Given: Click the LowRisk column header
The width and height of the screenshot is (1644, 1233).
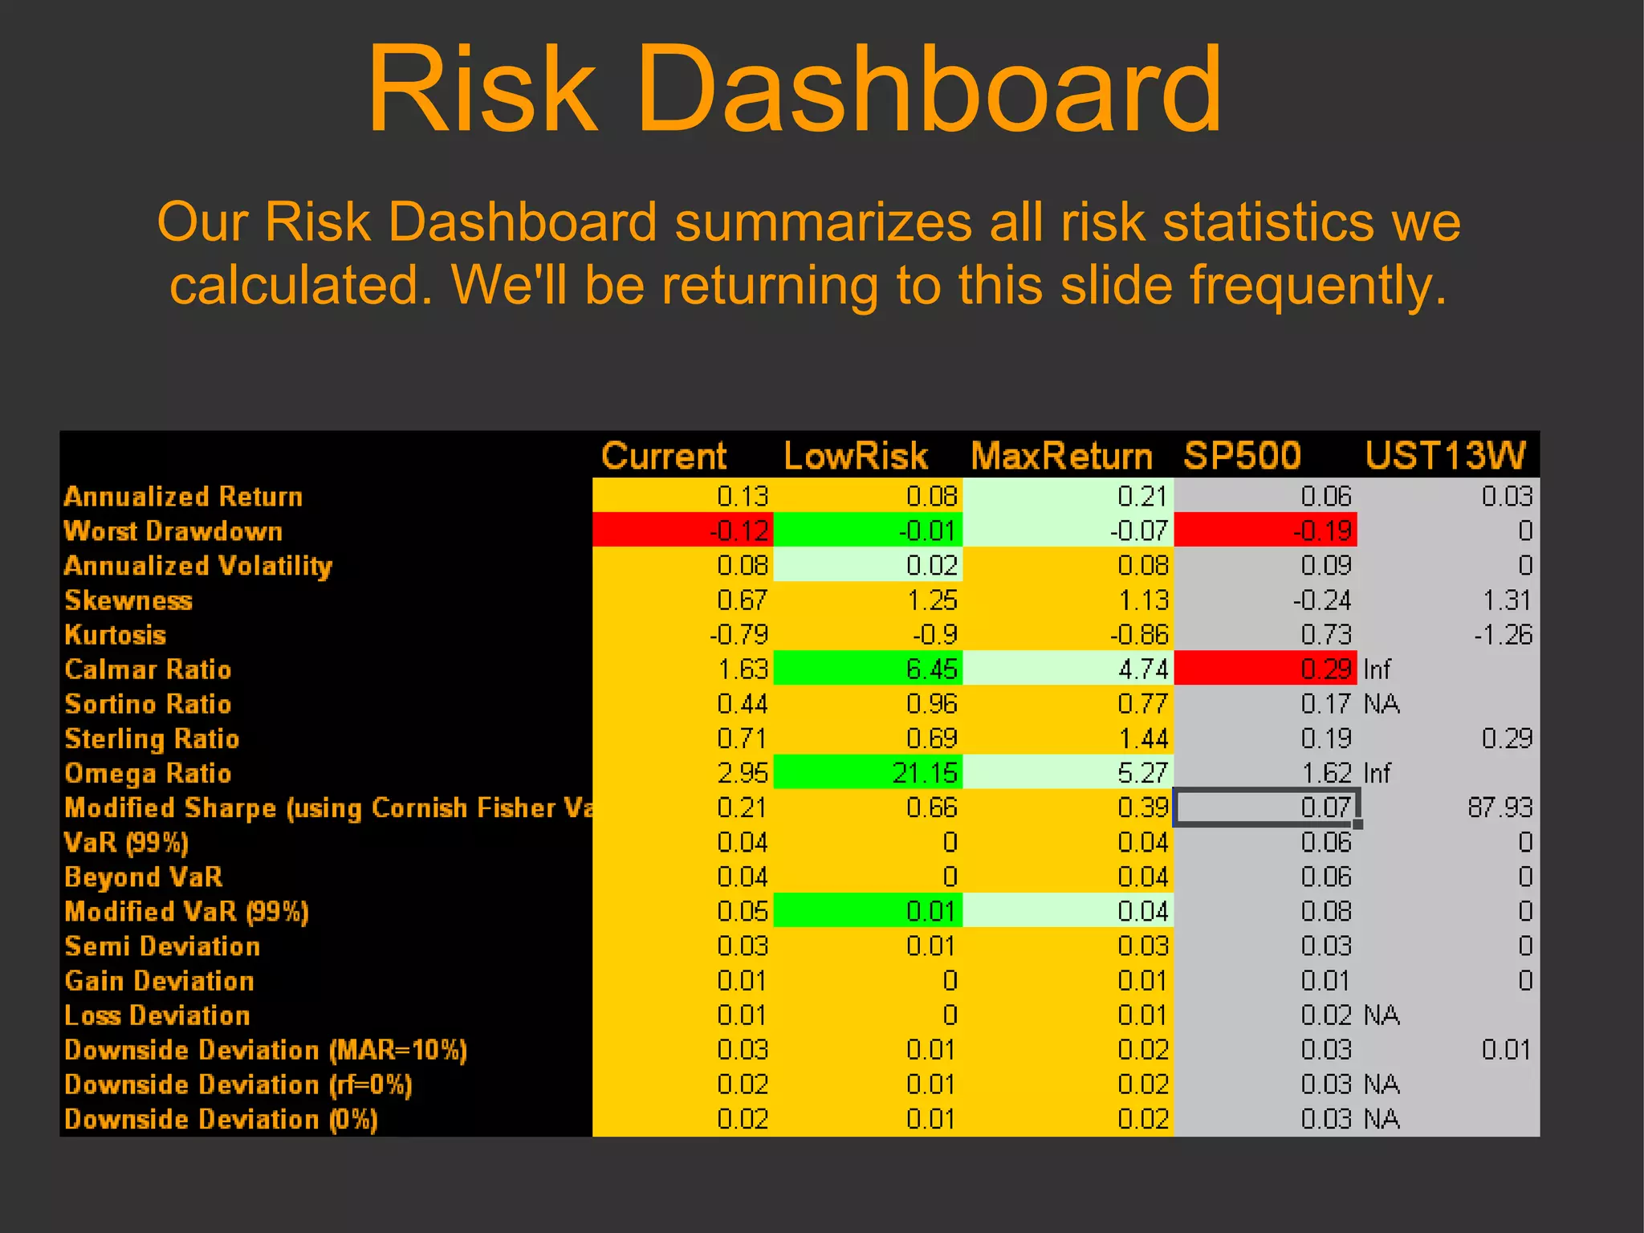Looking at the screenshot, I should click(x=855, y=456).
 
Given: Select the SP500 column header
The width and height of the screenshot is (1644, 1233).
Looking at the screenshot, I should click(x=1242, y=456).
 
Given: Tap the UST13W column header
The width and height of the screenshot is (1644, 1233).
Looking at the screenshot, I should click(x=1445, y=456).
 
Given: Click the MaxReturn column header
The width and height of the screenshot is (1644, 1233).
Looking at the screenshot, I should click(x=1061, y=456).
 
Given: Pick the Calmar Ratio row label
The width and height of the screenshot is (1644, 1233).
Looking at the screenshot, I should click(x=148, y=669).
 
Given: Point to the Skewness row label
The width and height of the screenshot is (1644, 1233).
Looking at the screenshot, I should click(x=128, y=600).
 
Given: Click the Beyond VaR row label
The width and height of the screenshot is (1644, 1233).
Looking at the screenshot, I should click(x=143, y=877).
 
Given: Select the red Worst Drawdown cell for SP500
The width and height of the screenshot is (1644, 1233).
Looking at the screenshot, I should click(x=1265, y=531).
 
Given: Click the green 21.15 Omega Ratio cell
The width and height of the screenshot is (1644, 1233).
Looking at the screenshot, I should click(x=869, y=773).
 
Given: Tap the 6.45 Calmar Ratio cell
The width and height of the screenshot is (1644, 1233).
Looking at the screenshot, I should click(x=869, y=669).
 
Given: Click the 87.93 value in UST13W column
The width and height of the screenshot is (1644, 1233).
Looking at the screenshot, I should click(x=1500, y=808).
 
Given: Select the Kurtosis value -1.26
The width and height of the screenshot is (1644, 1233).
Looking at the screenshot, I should click(x=1503, y=635).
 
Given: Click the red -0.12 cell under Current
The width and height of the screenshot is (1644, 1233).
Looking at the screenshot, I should click(x=683, y=531).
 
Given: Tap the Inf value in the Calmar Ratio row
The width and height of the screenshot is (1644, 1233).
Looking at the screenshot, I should click(x=1377, y=669).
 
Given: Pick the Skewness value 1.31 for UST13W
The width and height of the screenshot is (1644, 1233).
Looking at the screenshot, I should click(x=1507, y=600).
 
